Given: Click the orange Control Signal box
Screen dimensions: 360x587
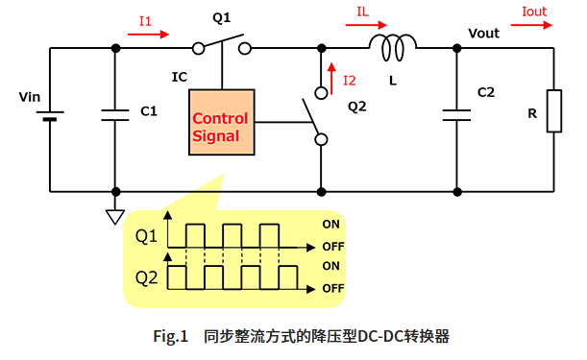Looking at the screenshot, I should click(222, 125).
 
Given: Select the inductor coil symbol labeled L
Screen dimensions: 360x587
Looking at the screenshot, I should click(393, 45).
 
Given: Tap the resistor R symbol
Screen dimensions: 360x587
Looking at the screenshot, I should click(554, 111).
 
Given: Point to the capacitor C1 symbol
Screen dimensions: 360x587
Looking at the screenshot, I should click(115, 113).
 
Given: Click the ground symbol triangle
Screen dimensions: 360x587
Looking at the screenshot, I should click(115, 217).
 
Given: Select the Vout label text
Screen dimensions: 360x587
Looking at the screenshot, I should click(484, 33).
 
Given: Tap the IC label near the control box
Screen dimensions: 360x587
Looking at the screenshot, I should click(179, 75).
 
